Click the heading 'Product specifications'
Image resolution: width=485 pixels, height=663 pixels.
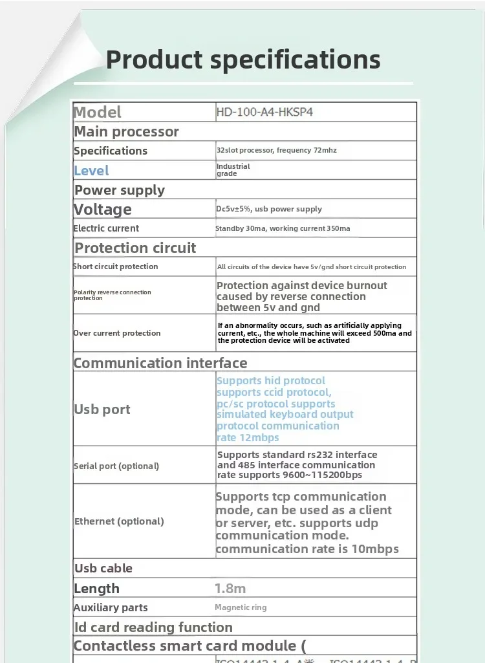[x=243, y=60]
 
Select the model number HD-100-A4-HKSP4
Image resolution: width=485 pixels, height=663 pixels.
[x=264, y=112]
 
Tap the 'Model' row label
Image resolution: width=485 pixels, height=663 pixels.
[x=98, y=112]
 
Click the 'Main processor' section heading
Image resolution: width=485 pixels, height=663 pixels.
[x=126, y=131]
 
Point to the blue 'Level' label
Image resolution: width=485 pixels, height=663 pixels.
[x=91, y=171]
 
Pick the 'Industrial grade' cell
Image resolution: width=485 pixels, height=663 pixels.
[x=233, y=170]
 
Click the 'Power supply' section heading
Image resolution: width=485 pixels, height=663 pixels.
[x=120, y=190]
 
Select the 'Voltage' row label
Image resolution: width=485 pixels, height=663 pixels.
[x=103, y=209]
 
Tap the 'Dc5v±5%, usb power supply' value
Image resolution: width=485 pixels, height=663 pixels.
[x=269, y=209]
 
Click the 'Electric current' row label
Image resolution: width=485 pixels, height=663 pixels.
[x=106, y=228]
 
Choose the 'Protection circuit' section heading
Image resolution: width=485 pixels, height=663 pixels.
[x=135, y=248]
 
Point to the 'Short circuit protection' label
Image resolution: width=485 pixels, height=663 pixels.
[x=115, y=266]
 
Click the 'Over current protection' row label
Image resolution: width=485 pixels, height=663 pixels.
[x=116, y=333]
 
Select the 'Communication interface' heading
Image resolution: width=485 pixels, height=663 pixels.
[x=160, y=363]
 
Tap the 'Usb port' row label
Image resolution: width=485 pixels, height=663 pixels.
[x=102, y=409]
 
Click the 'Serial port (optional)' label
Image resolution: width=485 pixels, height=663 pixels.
[x=116, y=466]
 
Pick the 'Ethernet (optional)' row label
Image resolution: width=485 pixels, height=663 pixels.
[x=119, y=521]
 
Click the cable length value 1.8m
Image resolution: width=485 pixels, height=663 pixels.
[x=230, y=589]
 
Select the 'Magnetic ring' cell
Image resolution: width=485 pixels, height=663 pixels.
[x=241, y=607]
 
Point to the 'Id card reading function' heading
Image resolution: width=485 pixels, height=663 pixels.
[x=153, y=627]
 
